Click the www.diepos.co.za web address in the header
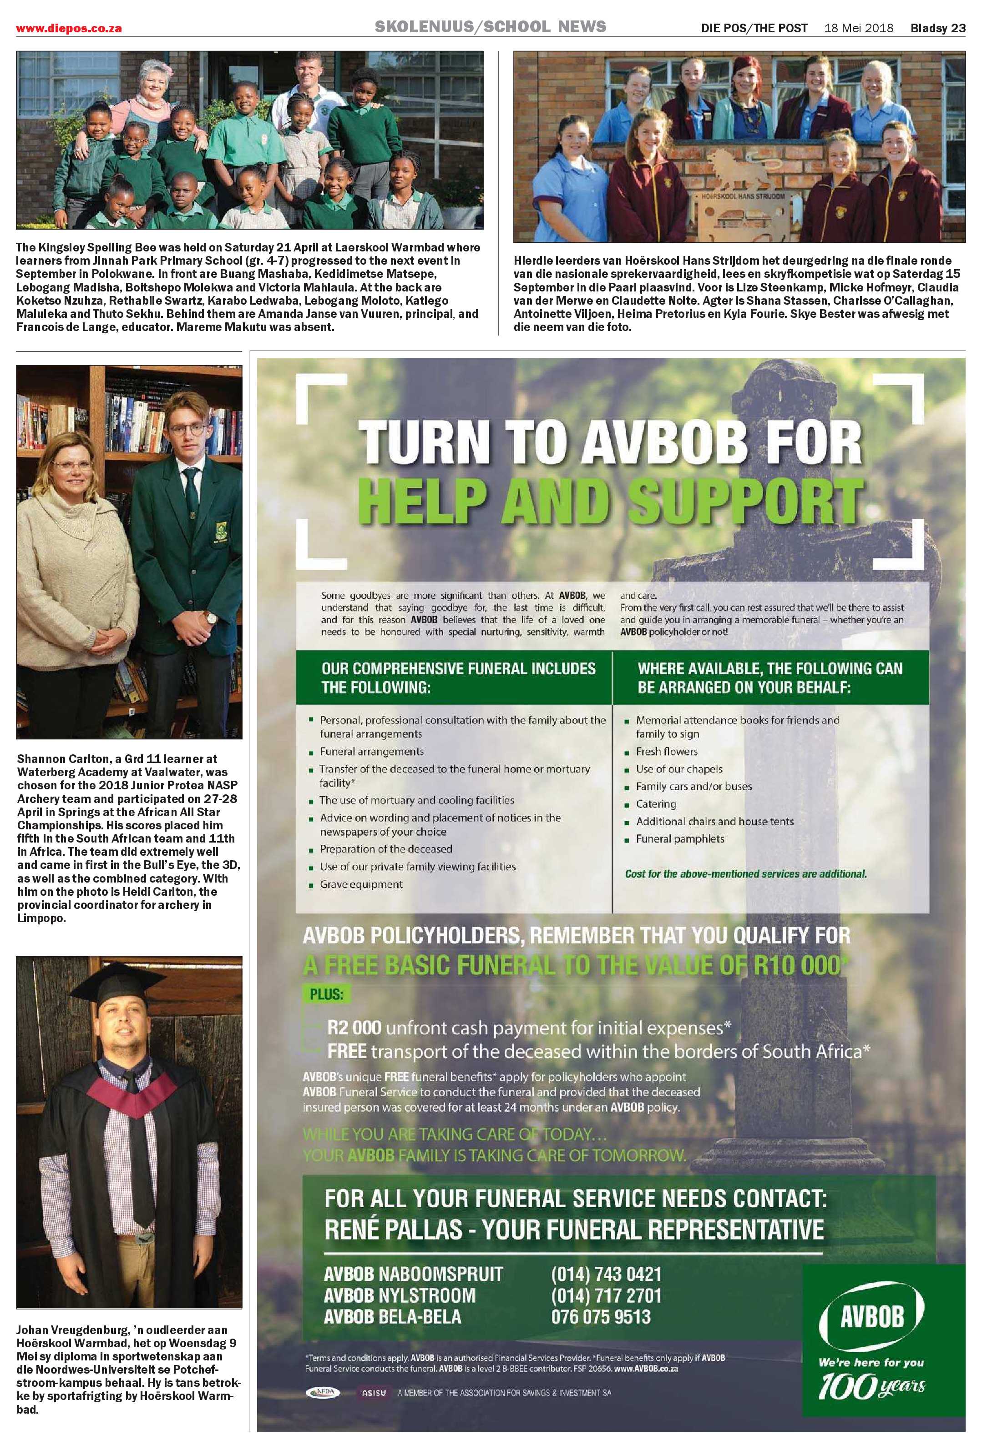tap(69, 29)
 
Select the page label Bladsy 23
tap(938, 28)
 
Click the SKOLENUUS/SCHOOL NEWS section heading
tap(490, 27)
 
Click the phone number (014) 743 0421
tap(606, 1274)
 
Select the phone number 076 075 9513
tap(601, 1316)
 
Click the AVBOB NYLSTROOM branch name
tap(400, 1295)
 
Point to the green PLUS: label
tap(326, 994)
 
